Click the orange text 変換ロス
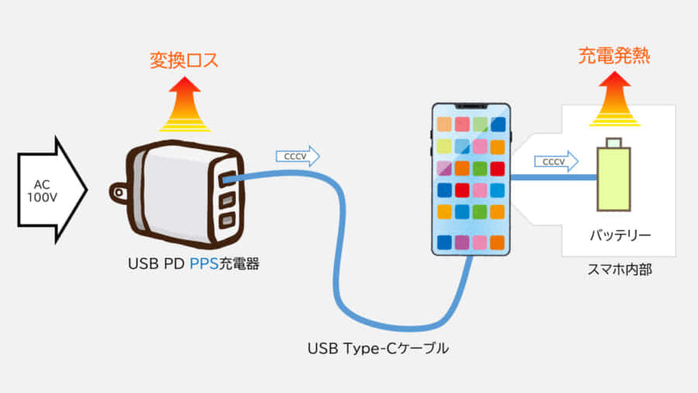coord(184,60)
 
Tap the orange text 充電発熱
coord(613,56)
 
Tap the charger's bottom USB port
coord(227,221)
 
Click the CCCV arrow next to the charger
coord(298,156)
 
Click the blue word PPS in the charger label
coord(205,264)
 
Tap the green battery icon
coord(613,179)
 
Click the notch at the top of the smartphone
coord(471,106)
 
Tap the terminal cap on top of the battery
coord(613,142)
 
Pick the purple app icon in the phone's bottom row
coord(462,242)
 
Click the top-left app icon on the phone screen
coord(444,124)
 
